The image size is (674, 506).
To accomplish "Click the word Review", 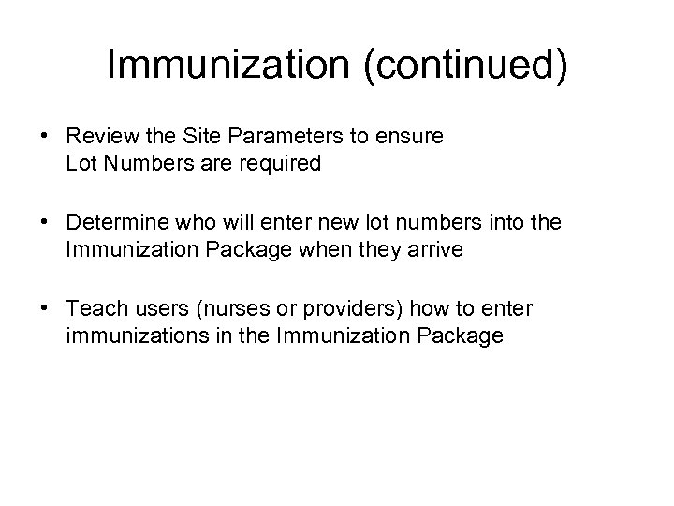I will (100, 137).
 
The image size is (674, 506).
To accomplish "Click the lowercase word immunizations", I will (133, 335).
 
